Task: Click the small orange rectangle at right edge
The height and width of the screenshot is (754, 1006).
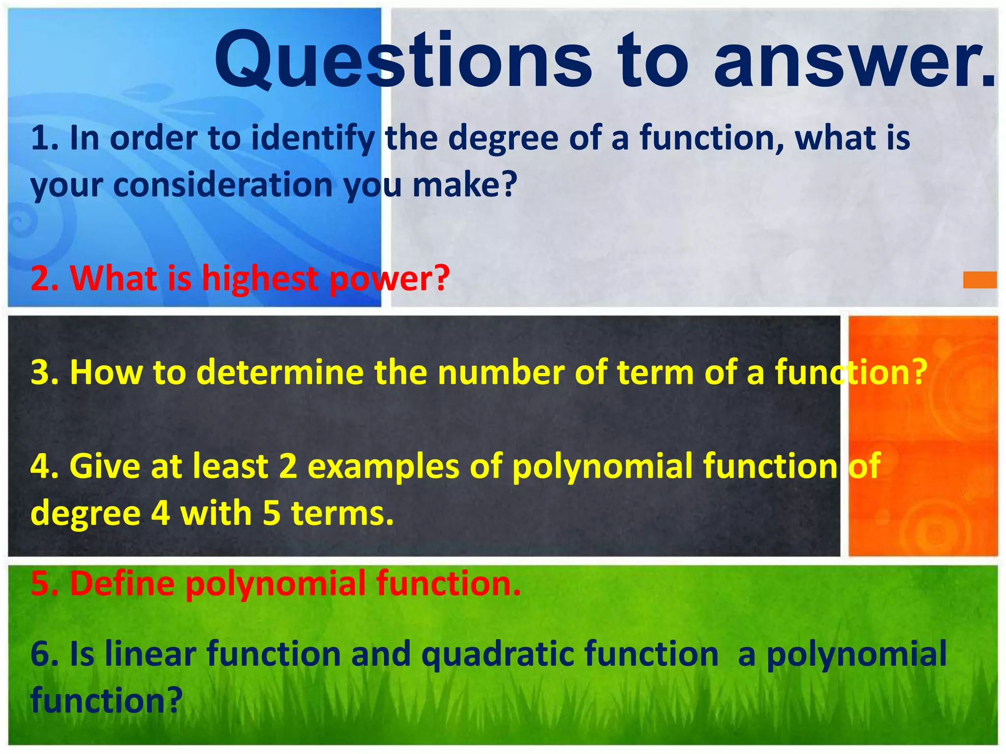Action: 979,280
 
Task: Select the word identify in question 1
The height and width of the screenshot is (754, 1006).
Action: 313,139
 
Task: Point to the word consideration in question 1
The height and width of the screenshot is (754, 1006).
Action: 224,185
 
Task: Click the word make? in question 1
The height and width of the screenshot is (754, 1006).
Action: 465,185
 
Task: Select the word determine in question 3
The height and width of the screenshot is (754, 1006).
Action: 280,372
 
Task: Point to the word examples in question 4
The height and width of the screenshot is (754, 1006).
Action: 383,466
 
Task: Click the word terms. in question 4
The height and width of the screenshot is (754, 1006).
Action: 342,513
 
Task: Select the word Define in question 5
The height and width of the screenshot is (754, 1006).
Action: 122,583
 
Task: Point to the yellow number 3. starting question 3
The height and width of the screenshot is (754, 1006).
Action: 45,372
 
